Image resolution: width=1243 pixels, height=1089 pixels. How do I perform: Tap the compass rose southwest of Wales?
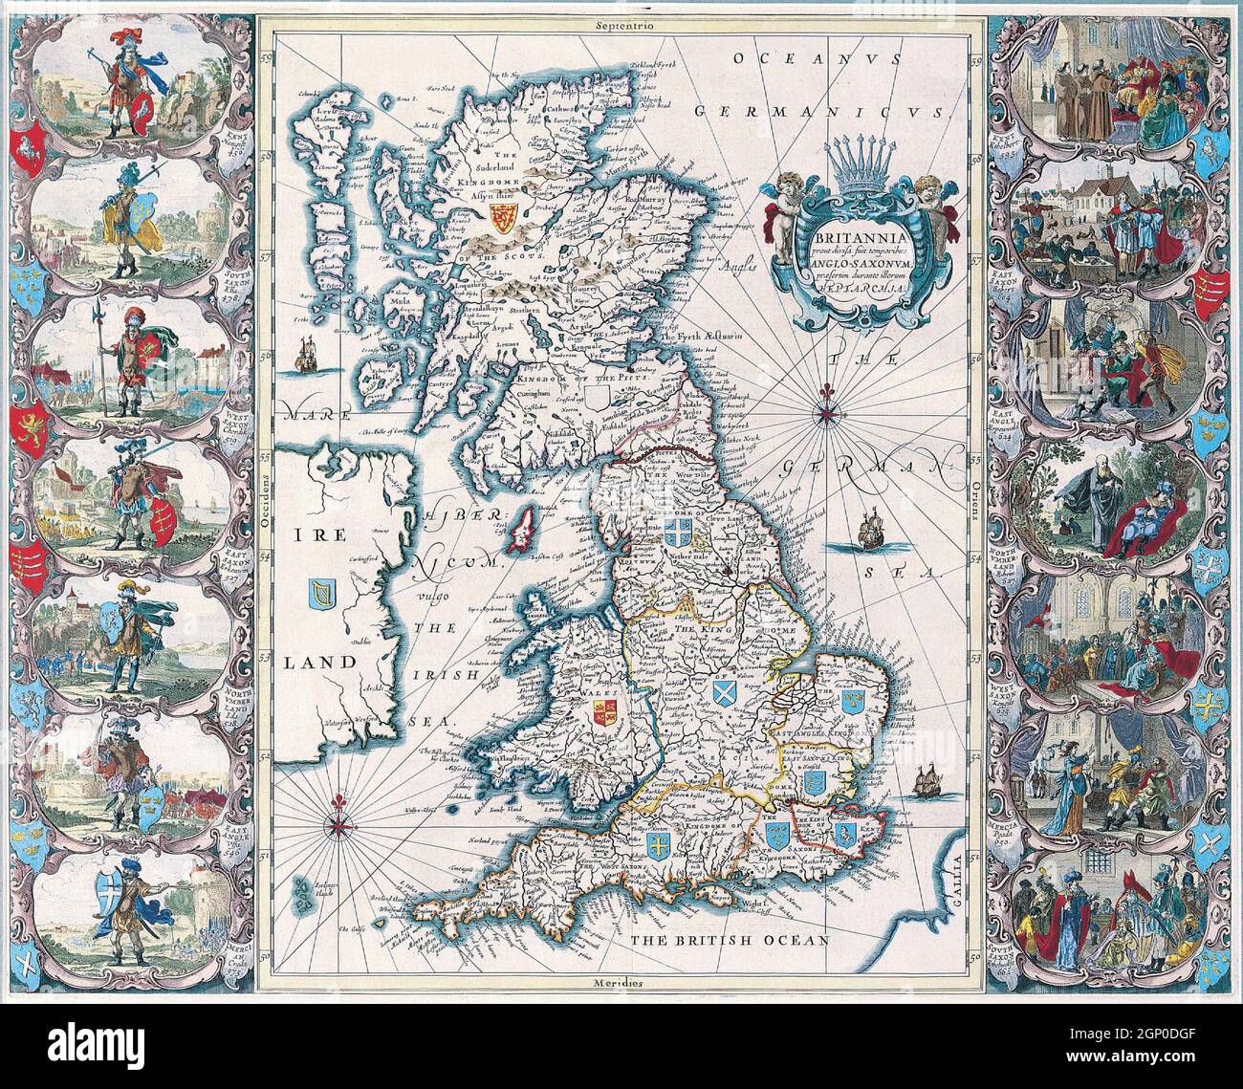point(339,824)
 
